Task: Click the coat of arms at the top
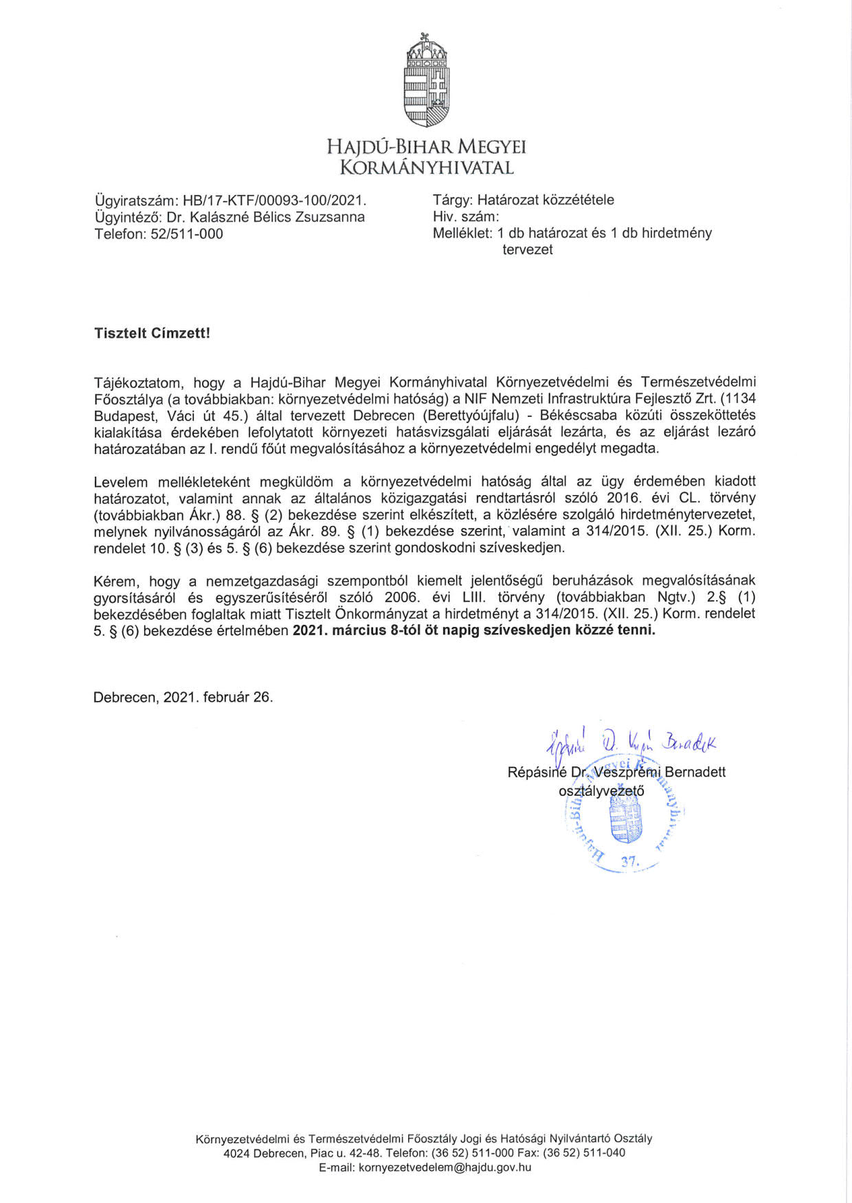pos(426,81)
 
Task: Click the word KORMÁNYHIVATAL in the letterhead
pos(427,168)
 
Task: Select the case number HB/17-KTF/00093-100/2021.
pos(275,200)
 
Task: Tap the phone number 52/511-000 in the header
pos(187,233)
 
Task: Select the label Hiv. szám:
pos(465,216)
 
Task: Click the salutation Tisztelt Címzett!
pos(152,333)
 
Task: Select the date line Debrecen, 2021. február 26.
pos(183,697)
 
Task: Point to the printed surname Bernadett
pos(695,772)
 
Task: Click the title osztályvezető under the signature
pos(601,790)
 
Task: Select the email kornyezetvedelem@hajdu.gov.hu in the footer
pos(445,1167)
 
